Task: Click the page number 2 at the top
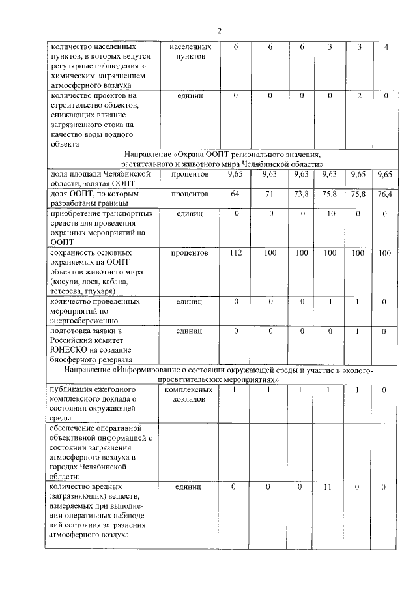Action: (x=220, y=30)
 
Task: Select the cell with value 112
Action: (x=236, y=252)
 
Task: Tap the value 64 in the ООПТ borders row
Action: (x=236, y=194)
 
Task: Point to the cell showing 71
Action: (x=269, y=194)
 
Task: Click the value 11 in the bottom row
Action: (x=329, y=487)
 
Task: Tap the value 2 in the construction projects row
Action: (x=359, y=96)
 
